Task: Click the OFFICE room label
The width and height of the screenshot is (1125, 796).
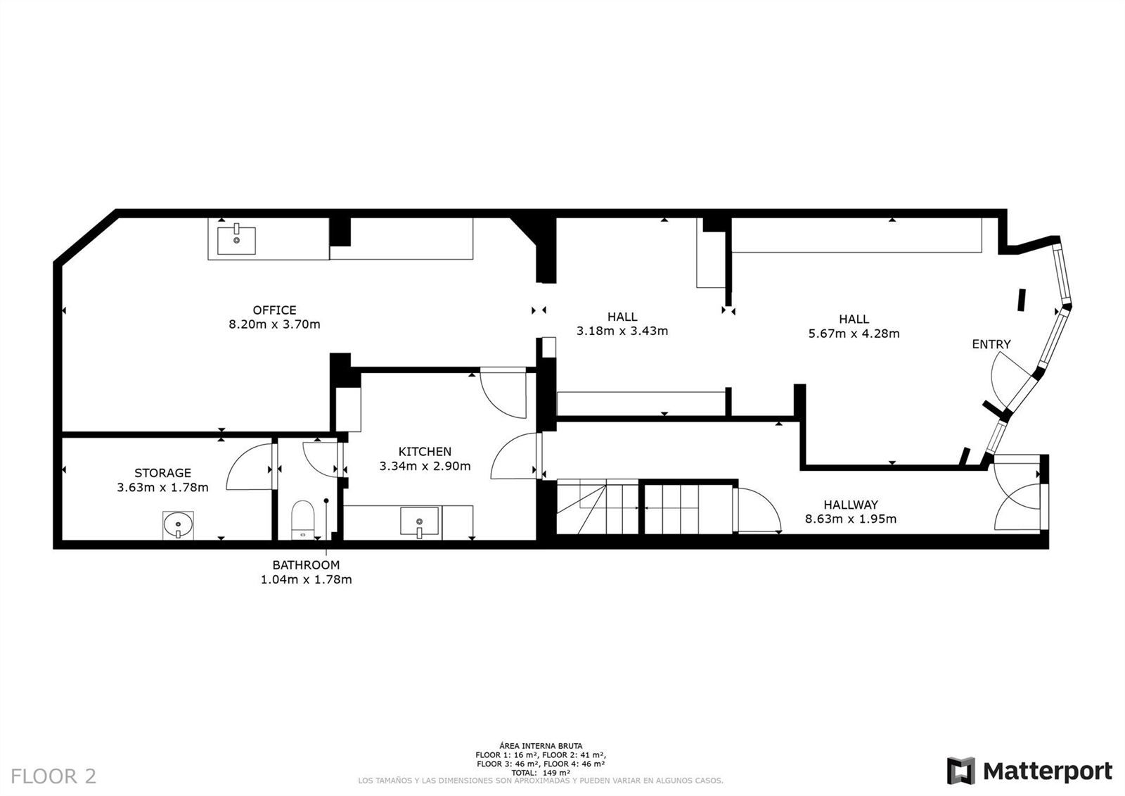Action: [274, 310]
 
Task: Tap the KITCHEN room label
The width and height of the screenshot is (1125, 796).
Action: [425, 452]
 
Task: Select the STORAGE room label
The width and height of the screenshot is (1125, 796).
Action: [162, 473]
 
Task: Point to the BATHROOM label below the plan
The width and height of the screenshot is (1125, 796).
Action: [306, 564]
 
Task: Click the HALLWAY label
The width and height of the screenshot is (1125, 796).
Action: [851, 505]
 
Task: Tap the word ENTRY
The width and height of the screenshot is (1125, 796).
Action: [991, 344]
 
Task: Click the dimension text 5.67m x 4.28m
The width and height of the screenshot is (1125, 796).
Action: [854, 334]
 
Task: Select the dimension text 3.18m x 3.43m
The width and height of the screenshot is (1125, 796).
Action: [622, 331]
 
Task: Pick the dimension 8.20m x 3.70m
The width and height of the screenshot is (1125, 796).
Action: [274, 324]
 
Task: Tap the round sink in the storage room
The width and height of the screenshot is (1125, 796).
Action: [179, 526]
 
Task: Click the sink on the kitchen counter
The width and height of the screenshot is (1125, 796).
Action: [419, 522]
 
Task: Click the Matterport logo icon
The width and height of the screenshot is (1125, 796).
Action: [960, 771]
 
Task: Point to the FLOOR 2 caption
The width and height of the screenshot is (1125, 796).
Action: [53, 776]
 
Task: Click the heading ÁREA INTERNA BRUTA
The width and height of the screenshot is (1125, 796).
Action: [541, 746]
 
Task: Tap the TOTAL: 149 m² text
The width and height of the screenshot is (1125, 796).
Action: [541, 773]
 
